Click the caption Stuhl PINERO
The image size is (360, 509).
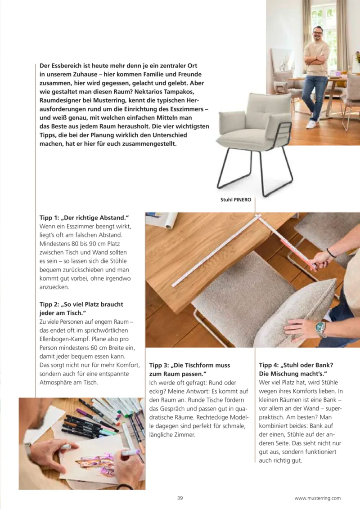pos(235,200)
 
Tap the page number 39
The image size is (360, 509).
pos(180,498)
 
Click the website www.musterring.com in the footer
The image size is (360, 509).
pos(317,498)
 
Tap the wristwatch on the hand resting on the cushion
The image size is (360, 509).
pos(320,329)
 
